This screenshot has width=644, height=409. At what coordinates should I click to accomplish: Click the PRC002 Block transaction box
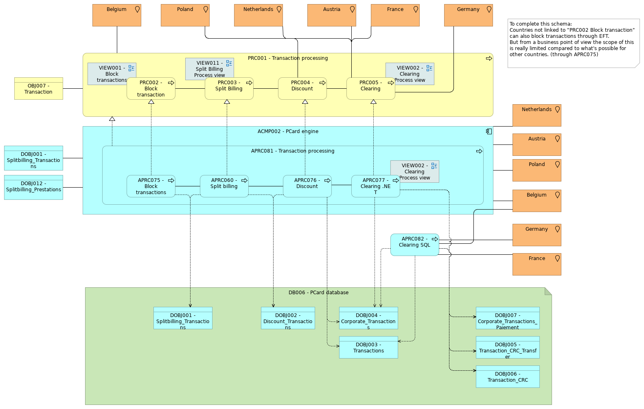(151, 89)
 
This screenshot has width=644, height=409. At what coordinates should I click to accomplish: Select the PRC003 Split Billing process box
(229, 89)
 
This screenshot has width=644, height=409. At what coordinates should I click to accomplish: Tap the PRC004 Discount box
(302, 89)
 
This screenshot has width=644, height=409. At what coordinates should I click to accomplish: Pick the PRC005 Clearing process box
(370, 89)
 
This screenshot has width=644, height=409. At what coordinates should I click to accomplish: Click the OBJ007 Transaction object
(39, 89)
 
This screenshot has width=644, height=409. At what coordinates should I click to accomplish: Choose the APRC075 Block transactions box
(151, 186)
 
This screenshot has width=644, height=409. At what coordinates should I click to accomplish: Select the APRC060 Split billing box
(224, 186)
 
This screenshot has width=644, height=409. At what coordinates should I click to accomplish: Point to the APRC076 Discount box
(307, 186)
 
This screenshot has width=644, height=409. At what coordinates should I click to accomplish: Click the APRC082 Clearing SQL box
(414, 245)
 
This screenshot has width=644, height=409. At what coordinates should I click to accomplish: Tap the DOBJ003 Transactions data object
(368, 348)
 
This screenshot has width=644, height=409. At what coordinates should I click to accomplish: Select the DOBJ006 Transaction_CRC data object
(508, 377)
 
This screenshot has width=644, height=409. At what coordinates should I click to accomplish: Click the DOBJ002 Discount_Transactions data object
(288, 318)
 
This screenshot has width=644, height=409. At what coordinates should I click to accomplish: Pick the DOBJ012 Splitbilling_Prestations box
(33, 188)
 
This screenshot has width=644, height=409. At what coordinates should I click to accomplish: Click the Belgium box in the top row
(117, 15)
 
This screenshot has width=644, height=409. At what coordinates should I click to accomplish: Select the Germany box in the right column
(537, 235)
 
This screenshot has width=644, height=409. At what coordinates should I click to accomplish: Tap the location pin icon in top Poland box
(206, 9)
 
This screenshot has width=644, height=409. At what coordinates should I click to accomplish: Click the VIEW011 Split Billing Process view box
(209, 68)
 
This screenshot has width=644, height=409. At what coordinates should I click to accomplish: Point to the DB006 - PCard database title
(318, 293)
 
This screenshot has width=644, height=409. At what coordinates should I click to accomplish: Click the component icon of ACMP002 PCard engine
(489, 131)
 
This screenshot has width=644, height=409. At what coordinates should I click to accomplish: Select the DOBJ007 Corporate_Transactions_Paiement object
(508, 318)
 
